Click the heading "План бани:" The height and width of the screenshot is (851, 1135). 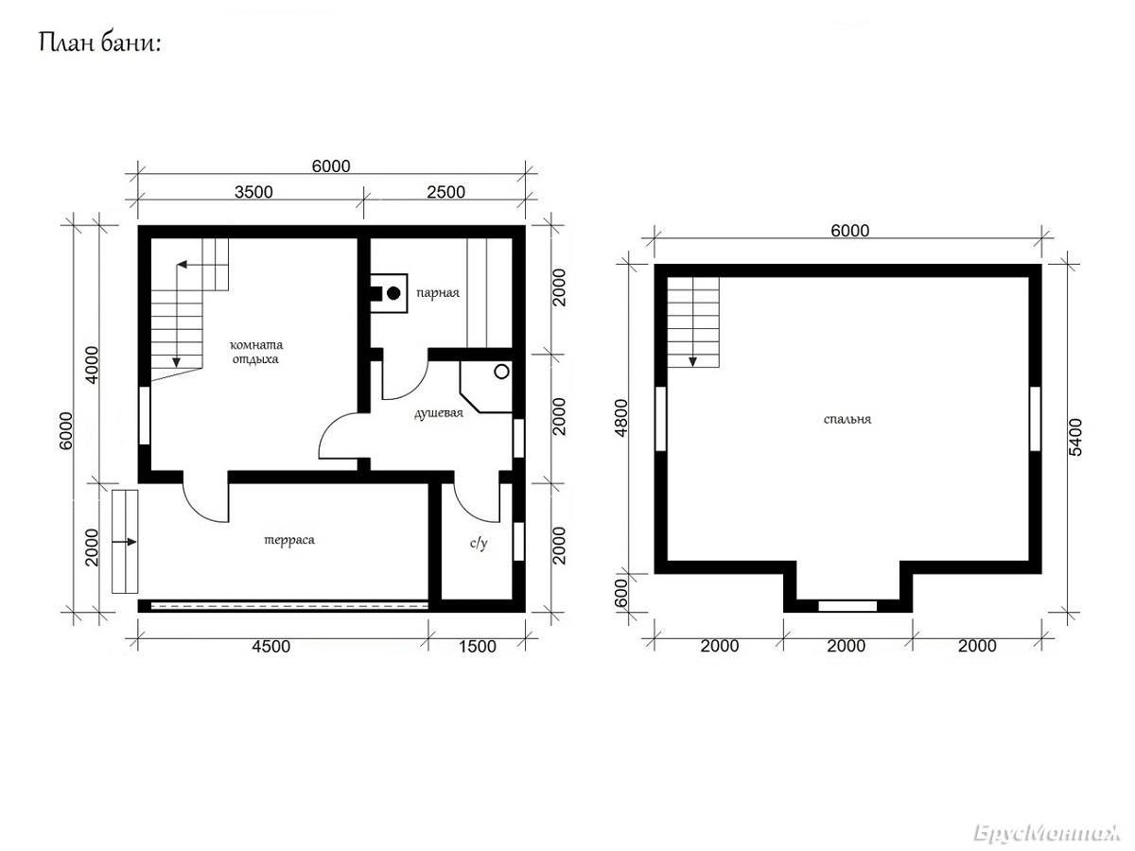pos(100,43)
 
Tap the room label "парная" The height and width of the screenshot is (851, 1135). pos(438,293)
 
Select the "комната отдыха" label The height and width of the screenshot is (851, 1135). pos(256,352)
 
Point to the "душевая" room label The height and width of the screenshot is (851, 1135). pos(439,413)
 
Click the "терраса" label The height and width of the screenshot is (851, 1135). pos(289,540)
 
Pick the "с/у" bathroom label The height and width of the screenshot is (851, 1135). pos(479,543)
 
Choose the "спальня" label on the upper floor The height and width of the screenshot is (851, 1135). pos(847,419)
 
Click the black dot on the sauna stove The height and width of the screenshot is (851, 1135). pos(393,293)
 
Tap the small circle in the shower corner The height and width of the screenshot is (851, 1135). pos(501,372)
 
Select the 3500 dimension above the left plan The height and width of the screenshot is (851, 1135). pos(253,192)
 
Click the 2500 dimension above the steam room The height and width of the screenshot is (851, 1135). pos(445,192)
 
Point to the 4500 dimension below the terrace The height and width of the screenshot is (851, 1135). pos(271,647)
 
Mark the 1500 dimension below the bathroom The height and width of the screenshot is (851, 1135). pos(478,647)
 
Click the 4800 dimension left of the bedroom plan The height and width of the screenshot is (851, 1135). pos(621,418)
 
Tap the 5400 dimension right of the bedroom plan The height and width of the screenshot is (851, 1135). pos(1074,437)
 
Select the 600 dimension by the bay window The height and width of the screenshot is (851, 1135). pos(621,593)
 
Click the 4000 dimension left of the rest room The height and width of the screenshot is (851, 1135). pos(92,365)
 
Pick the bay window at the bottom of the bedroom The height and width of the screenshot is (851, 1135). pos(847,606)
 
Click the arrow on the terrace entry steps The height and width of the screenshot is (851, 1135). pos(125,542)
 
